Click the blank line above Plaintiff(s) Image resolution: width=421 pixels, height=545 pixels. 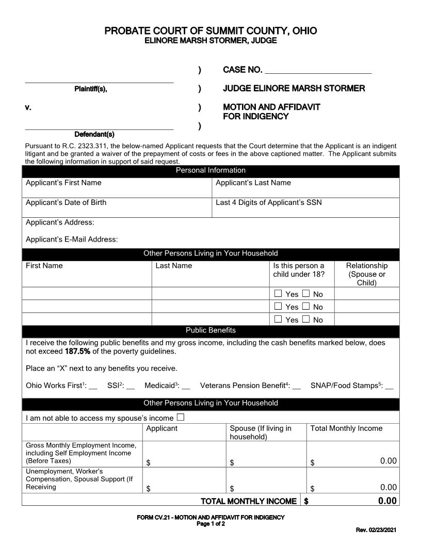(x=99, y=79)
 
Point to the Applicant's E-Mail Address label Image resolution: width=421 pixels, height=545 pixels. (x=72, y=239)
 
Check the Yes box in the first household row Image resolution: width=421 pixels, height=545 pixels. (x=278, y=294)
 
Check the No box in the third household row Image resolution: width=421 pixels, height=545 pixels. (x=306, y=319)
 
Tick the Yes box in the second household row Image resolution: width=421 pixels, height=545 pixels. (x=278, y=307)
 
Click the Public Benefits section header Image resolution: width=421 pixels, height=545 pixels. (x=211, y=331)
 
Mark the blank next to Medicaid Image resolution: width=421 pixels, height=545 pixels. (x=186, y=386)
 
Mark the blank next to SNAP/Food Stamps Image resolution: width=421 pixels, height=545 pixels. (x=389, y=386)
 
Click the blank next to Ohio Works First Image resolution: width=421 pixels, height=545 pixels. (x=93, y=386)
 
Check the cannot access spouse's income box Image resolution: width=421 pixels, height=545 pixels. (x=181, y=418)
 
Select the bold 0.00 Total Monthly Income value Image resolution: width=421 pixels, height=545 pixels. (x=387, y=501)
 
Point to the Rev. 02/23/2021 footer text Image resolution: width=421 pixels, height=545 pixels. (x=376, y=530)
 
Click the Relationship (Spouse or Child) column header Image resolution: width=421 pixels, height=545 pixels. (x=366, y=274)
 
